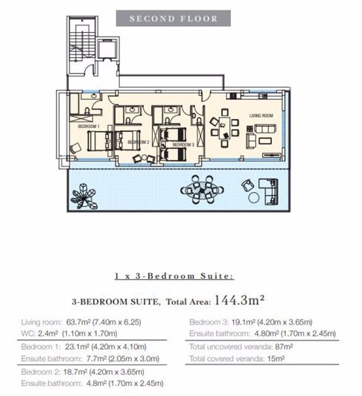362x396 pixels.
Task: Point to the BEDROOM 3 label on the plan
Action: (x=183, y=144)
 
